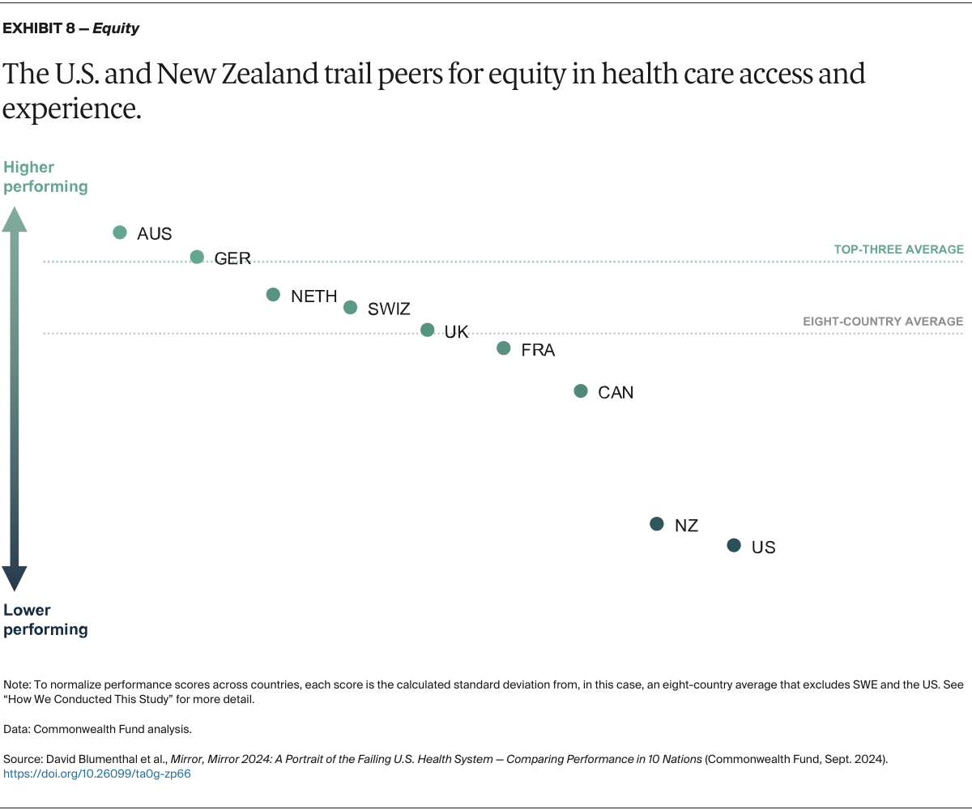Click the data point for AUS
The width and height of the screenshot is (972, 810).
pos(120,232)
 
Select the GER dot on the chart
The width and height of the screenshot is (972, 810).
pos(197,257)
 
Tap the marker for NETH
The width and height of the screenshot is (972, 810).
pos(273,295)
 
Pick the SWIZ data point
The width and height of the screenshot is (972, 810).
pos(350,307)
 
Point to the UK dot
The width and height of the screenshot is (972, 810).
pos(427,330)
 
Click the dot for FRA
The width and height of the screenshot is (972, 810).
pos(503,348)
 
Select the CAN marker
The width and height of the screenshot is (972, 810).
pos(580,391)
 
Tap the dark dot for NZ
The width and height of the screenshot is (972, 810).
pos(657,524)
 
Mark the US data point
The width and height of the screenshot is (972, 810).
pos(733,546)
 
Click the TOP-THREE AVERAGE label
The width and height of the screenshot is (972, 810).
pos(898,249)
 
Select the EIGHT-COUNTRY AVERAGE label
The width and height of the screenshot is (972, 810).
pos(883,322)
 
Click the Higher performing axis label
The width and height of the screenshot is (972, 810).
pos(45,177)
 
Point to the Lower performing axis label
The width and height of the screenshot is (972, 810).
pos(45,620)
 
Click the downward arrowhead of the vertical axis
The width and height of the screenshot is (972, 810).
pos(14,578)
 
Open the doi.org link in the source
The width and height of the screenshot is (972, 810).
pos(97,774)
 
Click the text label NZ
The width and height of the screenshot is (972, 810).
pos(686,526)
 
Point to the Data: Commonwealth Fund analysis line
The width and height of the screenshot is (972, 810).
pos(97,729)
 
